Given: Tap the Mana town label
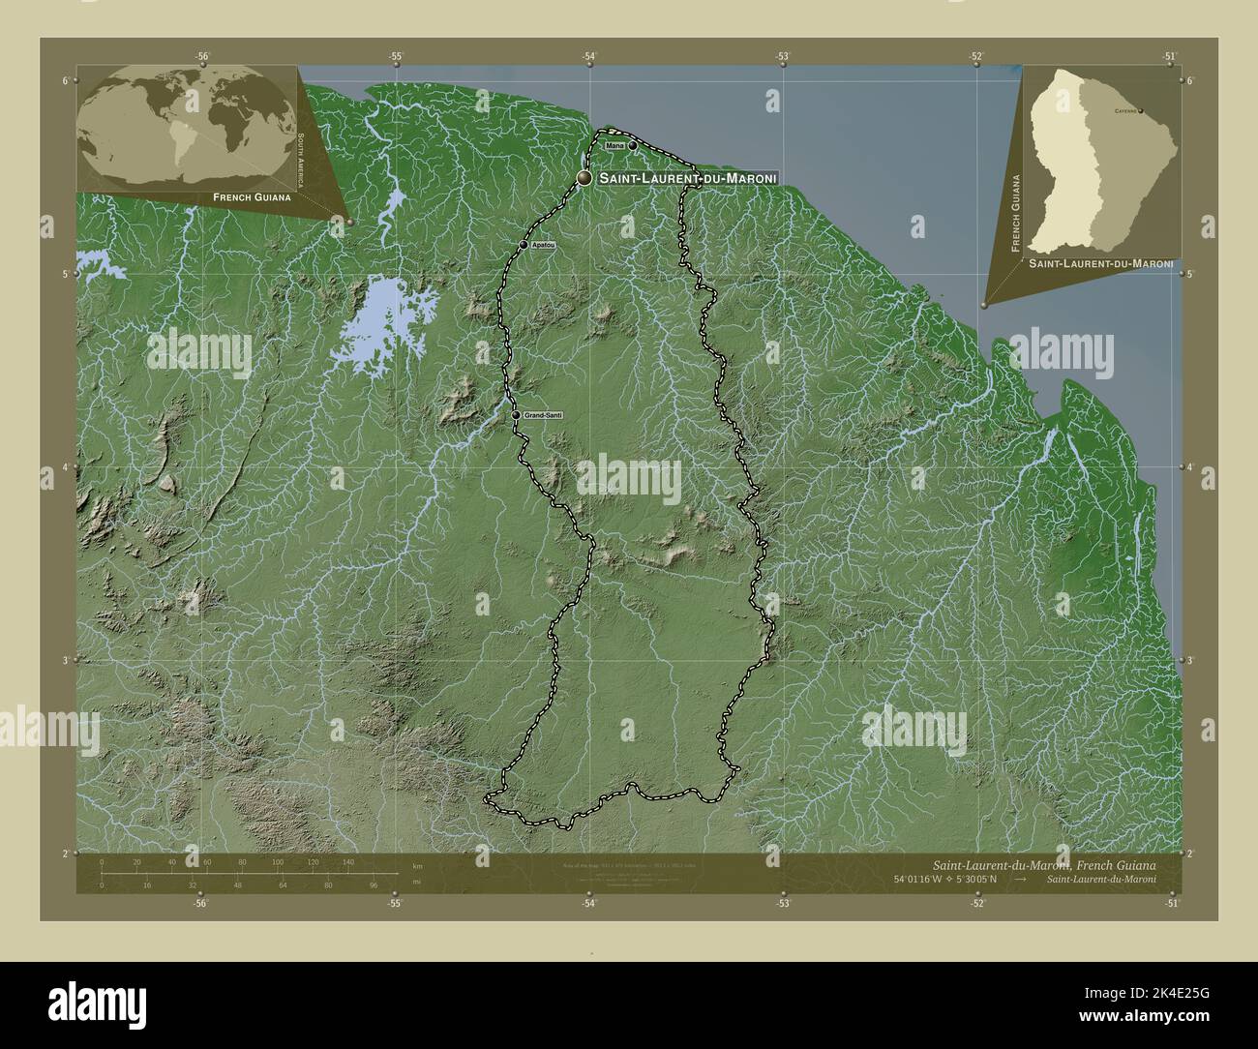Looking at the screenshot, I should click(x=614, y=145).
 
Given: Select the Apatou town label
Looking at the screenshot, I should click(x=543, y=246).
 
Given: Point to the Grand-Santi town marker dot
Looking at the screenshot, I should click(x=516, y=415).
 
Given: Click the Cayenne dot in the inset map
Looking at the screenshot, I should click(x=1141, y=110).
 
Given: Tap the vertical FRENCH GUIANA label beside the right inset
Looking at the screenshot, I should click(x=1015, y=213).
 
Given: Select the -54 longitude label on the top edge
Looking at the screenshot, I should click(x=588, y=56).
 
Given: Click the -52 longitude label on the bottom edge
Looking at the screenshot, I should click(x=977, y=903).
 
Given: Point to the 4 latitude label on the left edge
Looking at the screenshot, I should click(x=65, y=467).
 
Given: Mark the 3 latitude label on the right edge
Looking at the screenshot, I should click(x=1190, y=660).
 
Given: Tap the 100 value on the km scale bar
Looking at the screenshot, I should click(x=278, y=861).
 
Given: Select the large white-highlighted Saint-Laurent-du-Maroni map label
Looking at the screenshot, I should click(x=687, y=179).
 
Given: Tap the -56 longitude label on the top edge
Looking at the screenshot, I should click(x=200, y=56).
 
